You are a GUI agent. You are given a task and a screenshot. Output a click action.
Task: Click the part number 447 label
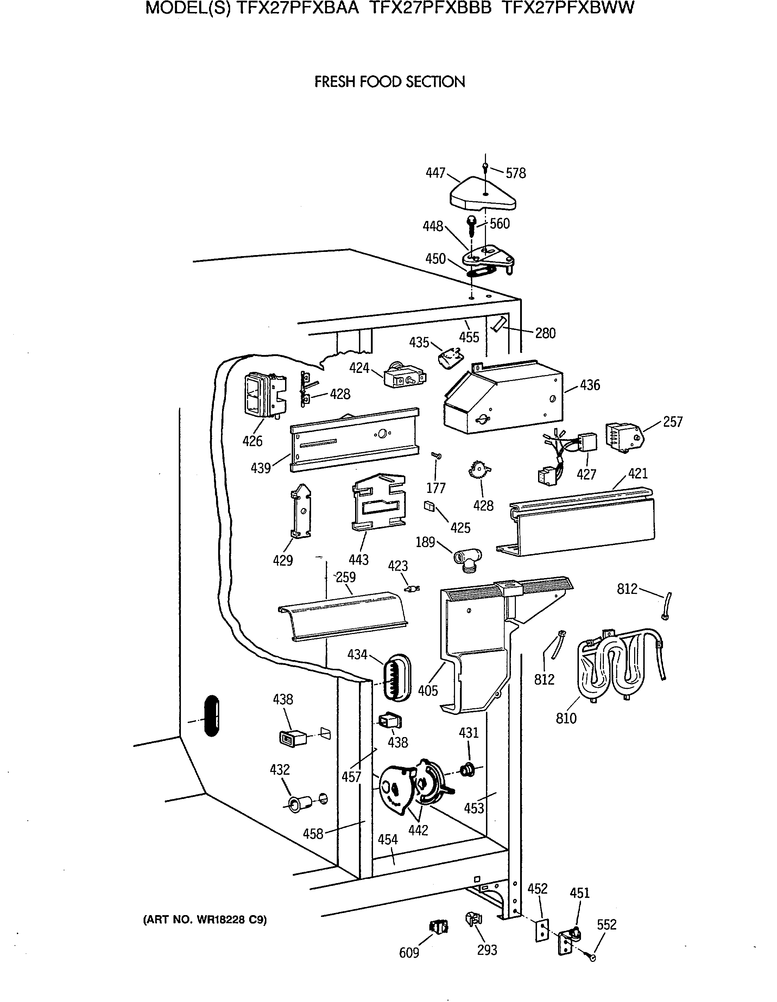(435, 173)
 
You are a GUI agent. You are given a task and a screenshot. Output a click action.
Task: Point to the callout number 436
(590, 385)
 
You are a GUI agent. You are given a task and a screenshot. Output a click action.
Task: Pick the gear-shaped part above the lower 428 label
(479, 471)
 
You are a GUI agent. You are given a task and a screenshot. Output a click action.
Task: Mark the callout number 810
(566, 718)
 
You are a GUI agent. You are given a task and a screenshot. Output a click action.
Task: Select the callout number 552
(606, 925)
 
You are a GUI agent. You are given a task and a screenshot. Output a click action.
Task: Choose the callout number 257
(672, 421)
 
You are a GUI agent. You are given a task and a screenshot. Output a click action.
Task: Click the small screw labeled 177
(437, 456)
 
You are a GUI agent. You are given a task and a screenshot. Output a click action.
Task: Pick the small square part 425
(429, 505)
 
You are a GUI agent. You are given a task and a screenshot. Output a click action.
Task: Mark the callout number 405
(428, 691)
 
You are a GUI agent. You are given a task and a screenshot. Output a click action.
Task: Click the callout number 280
(545, 333)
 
